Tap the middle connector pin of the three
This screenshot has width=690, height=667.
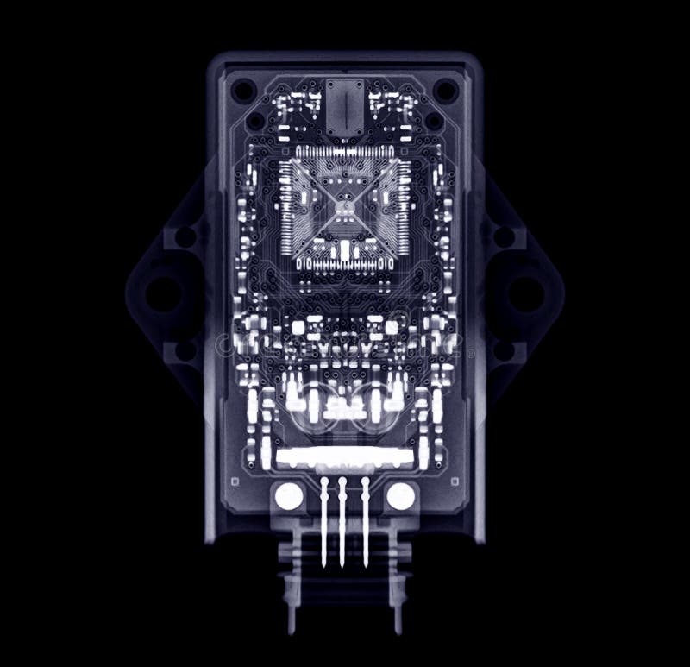tap(343, 521)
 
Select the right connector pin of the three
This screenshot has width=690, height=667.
tap(365, 521)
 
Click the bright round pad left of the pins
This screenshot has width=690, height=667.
tap(288, 496)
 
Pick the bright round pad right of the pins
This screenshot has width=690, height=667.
tap(400, 496)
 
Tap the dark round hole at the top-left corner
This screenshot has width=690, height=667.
tap(244, 89)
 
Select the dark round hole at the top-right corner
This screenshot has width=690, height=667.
tap(444, 89)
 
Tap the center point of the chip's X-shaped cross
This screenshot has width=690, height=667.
tap(343, 207)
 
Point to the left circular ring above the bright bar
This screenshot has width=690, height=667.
tap(310, 412)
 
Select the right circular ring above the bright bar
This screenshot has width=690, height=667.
tap(377, 412)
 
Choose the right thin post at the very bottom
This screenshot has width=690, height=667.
tap(398, 617)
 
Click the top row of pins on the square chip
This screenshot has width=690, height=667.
tap(343, 154)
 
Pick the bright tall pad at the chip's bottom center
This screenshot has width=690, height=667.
tap(344, 250)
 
